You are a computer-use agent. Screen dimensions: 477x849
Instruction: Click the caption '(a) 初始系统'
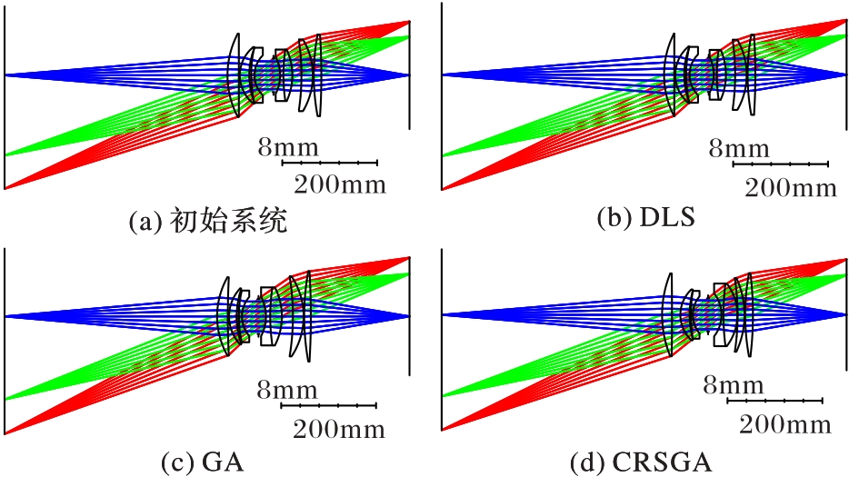(210, 221)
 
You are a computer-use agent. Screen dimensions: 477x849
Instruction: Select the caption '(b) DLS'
(647, 218)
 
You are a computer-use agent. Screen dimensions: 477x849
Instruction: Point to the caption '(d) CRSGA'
(641, 462)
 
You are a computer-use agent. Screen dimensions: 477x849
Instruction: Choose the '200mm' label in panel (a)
(340, 185)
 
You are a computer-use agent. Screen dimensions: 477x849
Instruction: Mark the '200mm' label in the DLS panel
(790, 188)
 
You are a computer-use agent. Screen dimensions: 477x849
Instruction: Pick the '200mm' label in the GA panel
(340, 428)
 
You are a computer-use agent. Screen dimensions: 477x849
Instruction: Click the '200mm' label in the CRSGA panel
(784, 423)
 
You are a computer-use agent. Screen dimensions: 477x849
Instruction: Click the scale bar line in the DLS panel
(780, 164)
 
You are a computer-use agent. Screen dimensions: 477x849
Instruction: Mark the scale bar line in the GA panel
(329, 405)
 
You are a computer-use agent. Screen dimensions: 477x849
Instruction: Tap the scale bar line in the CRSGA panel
(775, 400)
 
